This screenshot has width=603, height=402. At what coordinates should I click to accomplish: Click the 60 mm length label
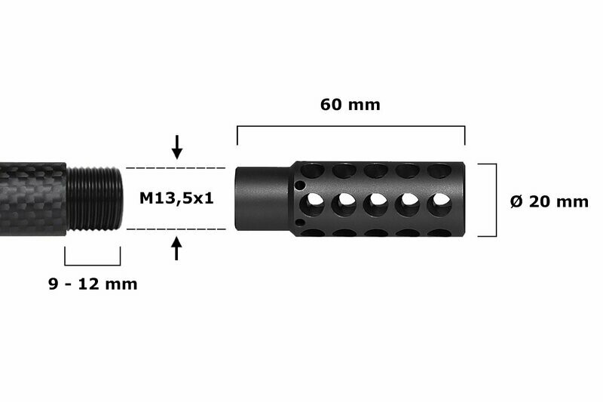click(x=350, y=105)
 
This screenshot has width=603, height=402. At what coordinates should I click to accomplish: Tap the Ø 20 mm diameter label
click(x=549, y=201)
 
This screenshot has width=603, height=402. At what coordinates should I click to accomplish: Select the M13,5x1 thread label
click(x=176, y=198)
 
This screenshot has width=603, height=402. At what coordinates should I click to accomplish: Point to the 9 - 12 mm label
click(x=93, y=284)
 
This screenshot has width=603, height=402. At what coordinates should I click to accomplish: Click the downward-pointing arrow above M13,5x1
click(x=177, y=147)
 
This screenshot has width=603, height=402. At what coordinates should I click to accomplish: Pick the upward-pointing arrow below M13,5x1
click(x=176, y=248)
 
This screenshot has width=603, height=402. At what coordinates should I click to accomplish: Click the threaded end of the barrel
click(x=94, y=198)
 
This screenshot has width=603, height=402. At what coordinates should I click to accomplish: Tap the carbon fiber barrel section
click(x=33, y=199)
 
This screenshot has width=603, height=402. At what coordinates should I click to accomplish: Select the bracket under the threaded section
click(x=93, y=265)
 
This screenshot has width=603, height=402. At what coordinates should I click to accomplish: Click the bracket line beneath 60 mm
click(x=350, y=126)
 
